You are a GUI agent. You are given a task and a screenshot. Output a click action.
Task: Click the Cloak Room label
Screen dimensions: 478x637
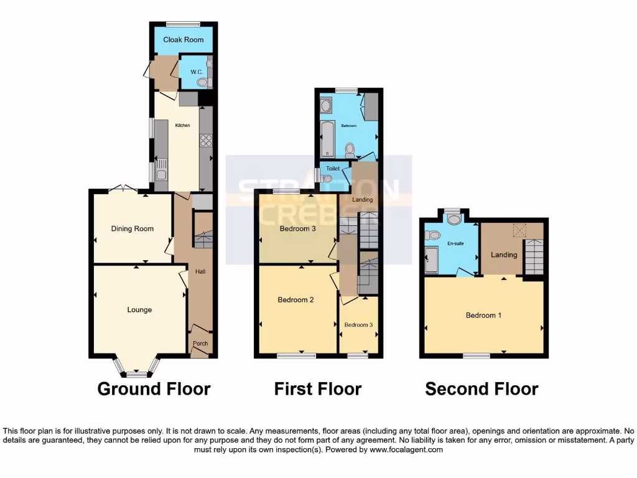click(x=184, y=40)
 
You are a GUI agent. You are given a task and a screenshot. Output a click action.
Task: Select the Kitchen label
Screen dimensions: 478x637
click(x=182, y=126)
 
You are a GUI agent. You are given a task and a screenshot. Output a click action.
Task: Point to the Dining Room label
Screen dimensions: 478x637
click(x=132, y=228)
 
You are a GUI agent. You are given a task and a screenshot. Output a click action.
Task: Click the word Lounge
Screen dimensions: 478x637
click(x=139, y=309)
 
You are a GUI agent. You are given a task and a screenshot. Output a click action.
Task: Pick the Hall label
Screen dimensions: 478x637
click(x=200, y=271)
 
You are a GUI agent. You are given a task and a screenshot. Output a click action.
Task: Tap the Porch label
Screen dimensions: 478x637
click(x=200, y=344)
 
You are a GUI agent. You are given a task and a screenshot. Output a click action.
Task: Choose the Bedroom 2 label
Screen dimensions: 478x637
click(x=295, y=299)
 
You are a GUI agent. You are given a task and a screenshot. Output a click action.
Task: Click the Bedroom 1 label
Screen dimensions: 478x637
click(x=483, y=315)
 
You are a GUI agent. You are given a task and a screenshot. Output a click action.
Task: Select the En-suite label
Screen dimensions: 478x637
click(x=457, y=243)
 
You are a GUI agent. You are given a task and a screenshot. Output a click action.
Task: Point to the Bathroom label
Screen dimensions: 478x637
click(x=348, y=126)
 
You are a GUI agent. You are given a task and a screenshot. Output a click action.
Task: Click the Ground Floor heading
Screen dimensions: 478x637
click(x=154, y=389)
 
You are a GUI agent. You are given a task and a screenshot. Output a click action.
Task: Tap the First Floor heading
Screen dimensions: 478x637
click(x=317, y=389)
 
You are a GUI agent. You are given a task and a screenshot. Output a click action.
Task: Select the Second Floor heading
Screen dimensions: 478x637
click(x=481, y=389)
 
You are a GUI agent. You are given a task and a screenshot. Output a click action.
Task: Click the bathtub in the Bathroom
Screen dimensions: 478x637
click(x=327, y=139)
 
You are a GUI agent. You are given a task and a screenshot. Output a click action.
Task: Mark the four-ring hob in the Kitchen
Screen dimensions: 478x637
click(x=206, y=141)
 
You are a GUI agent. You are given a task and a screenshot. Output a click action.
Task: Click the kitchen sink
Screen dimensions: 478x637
click(x=160, y=167)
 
